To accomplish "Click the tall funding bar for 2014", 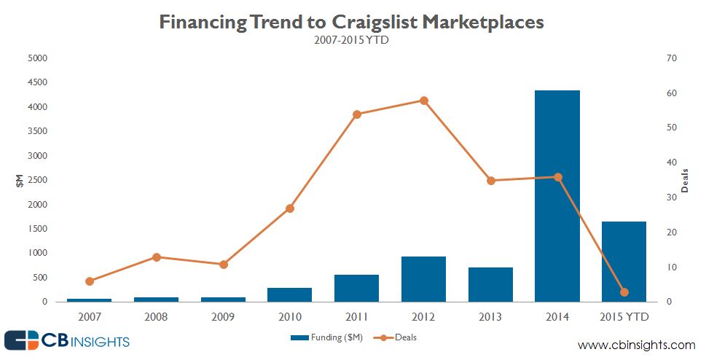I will click(557, 196).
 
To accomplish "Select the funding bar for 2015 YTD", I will click(624, 262).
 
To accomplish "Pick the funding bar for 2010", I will click(289, 294).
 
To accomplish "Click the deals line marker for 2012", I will click(424, 101).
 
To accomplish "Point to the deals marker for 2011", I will click(357, 114).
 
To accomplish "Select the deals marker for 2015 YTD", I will click(624, 292).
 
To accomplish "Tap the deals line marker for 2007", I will click(90, 281).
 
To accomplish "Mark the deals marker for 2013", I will click(491, 181).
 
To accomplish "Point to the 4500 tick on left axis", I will click(37, 82).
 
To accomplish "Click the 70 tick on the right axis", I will click(672, 58).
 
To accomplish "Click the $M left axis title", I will click(20, 180).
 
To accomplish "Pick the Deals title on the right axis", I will click(685, 180).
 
